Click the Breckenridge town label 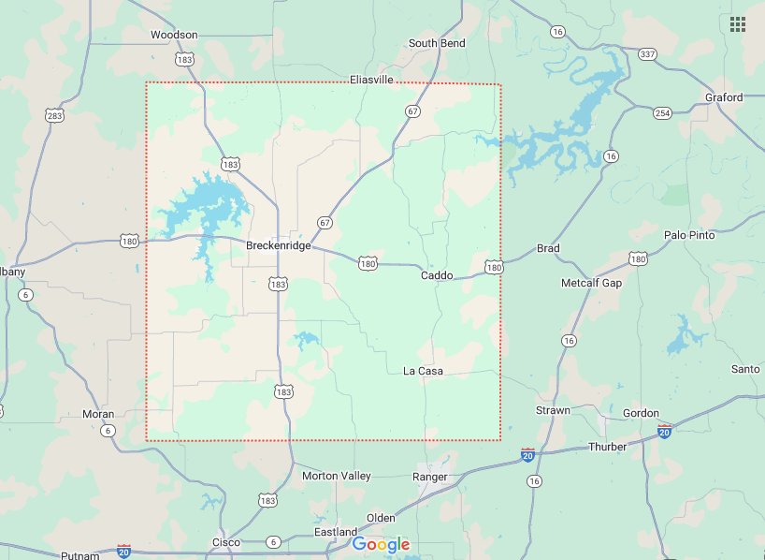[278, 246]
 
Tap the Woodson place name [174, 35]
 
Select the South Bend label [437, 43]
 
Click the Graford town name [724, 97]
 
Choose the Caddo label [437, 275]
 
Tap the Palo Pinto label [689, 235]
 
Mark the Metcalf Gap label [591, 283]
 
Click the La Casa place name [423, 372]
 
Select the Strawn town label [553, 411]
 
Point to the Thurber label [607, 447]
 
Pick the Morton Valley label [337, 476]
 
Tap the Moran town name [98, 414]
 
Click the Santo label [745, 369]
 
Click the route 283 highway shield [55, 115]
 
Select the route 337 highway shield [647, 54]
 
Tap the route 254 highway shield [662, 113]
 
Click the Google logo [382, 545]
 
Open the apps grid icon [738, 24]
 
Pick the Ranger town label [430, 477]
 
